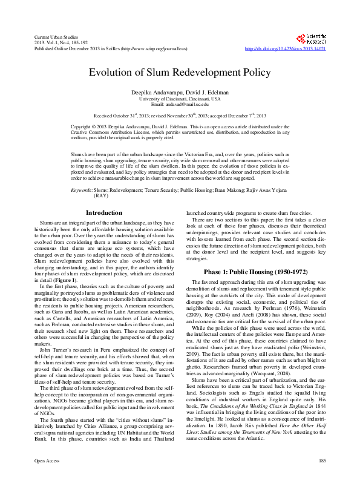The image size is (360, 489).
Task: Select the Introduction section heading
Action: (104, 213)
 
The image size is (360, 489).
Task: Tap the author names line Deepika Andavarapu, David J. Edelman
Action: (179, 91)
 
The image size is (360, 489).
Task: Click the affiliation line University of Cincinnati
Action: (179, 98)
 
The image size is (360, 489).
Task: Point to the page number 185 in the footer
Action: (322, 479)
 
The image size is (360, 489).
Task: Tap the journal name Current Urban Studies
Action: (52, 38)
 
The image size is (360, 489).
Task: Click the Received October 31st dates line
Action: (179, 115)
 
